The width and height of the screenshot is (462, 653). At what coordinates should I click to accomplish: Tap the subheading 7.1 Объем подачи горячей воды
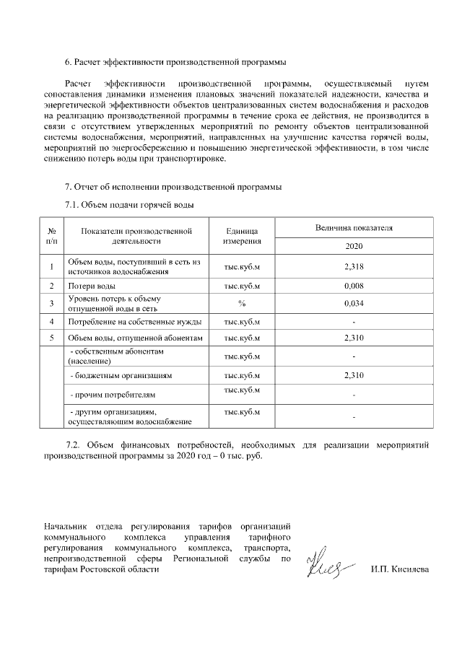[x=130, y=205]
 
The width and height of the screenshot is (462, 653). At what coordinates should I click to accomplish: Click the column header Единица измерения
[x=242, y=236]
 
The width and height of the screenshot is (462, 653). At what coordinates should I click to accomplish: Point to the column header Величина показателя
[x=354, y=227]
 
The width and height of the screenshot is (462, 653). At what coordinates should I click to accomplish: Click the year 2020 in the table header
[x=354, y=246]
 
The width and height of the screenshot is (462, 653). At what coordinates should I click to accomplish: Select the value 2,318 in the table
[x=354, y=267]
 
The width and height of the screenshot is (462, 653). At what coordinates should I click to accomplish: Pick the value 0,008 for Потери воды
[x=354, y=286]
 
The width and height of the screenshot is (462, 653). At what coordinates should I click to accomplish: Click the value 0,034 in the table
[x=354, y=303]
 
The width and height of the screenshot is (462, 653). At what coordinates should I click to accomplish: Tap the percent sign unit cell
[x=242, y=303]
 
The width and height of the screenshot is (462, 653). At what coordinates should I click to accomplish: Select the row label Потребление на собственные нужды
[x=134, y=321]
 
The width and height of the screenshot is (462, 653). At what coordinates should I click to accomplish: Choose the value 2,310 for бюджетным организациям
[x=354, y=376]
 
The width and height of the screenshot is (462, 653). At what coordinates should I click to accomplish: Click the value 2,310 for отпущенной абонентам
[x=354, y=338]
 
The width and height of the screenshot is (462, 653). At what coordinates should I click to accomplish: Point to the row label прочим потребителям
[x=110, y=395]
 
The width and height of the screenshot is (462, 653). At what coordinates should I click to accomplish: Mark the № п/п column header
[x=52, y=236]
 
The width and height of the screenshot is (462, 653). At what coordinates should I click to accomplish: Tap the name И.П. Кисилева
[x=399, y=570]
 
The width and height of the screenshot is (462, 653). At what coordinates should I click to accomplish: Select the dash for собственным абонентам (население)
[x=354, y=356]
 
